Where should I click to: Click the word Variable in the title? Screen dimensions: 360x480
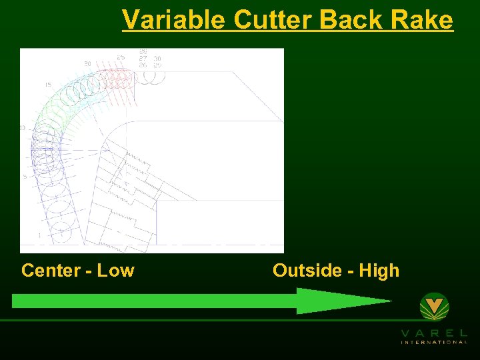(x=173, y=20)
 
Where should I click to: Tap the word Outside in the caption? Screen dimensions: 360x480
(x=313, y=271)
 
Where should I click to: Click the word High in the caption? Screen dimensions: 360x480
(x=379, y=271)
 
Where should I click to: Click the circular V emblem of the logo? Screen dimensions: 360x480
(x=434, y=307)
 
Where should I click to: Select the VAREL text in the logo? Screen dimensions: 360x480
(x=434, y=332)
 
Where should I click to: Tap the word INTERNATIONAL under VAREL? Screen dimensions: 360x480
(x=434, y=342)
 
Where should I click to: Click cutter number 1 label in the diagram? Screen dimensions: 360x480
(x=39, y=235)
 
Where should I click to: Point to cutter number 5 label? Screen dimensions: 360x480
(x=25, y=177)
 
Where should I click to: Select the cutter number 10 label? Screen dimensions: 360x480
(x=23, y=127)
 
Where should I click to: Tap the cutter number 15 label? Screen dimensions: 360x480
(x=47, y=85)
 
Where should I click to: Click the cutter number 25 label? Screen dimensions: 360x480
(x=120, y=57)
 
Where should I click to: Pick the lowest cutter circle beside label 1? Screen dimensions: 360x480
(x=60, y=232)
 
